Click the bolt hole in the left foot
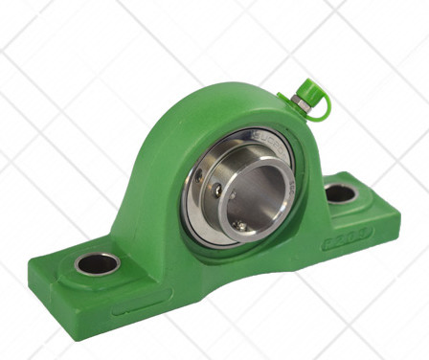(x=97, y=263)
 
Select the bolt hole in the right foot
(x=340, y=193)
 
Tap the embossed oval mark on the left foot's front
(x=132, y=309)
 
